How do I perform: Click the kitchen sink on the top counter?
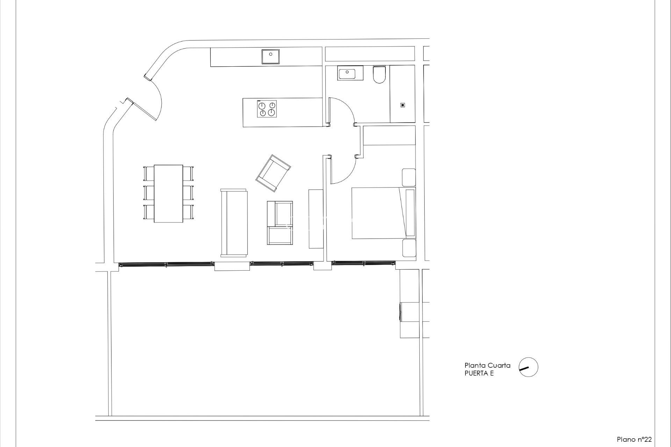271,57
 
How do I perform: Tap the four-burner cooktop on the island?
267,109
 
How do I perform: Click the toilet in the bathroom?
379,75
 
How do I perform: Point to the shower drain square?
403,105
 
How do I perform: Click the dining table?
168,193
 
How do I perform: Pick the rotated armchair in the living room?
273,173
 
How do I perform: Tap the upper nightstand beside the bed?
409,177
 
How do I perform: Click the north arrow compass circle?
528,367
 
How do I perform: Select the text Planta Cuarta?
487,366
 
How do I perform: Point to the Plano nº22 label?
634,439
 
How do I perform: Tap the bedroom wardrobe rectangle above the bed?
389,135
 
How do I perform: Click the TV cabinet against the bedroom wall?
316,219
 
